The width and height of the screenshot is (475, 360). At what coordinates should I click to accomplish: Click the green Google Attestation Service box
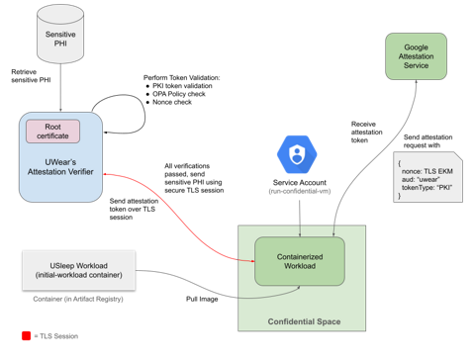click(415, 58)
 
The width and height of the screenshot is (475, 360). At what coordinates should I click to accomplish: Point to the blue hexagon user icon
click(296, 154)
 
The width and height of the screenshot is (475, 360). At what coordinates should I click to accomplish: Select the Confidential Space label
click(304, 322)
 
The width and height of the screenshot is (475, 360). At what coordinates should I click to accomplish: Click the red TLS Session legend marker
click(27, 336)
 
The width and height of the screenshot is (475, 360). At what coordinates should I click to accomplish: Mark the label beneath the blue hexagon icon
click(296, 187)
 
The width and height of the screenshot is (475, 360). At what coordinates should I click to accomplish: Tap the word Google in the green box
click(415, 46)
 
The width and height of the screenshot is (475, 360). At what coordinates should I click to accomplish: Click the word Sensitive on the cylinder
click(62, 34)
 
